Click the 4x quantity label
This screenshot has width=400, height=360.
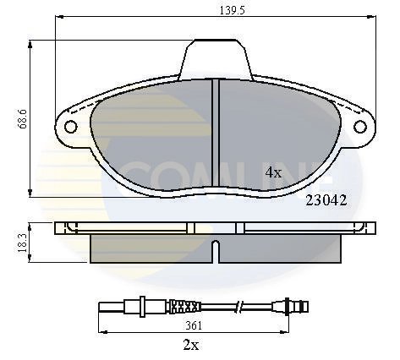pyautogui.click(x=272, y=172)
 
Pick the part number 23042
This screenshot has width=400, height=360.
pyautogui.click(x=324, y=200)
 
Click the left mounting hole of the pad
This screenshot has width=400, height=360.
pyautogui.click(x=70, y=128)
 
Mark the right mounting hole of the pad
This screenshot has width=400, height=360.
pyautogui.click(x=364, y=128)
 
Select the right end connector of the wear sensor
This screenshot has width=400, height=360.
pyautogui.click(x=298, y=305)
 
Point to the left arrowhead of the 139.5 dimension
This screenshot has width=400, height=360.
pyautogui.click(x=58, y=19)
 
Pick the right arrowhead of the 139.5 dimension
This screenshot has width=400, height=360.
pyautogui.click(x=373, y=19)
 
